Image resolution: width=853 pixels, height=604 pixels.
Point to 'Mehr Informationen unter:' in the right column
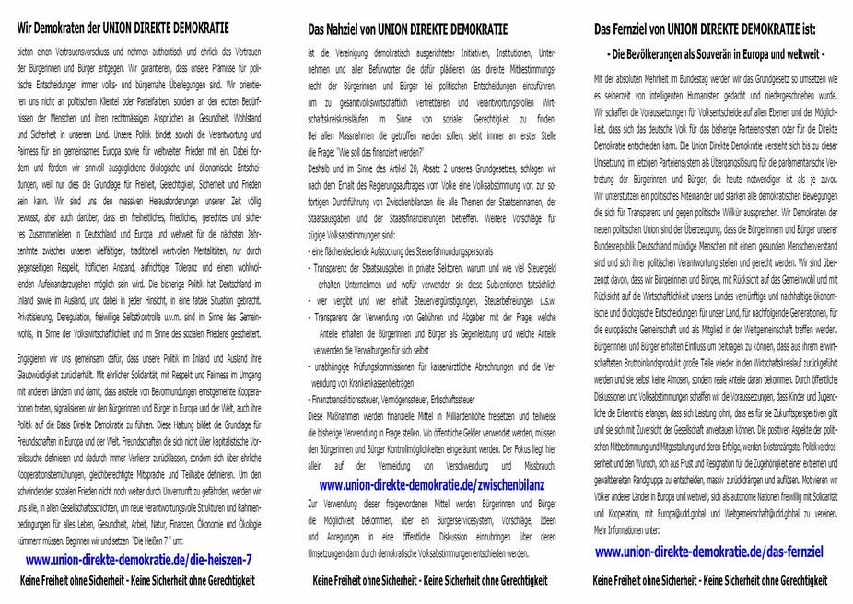point(629,531)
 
